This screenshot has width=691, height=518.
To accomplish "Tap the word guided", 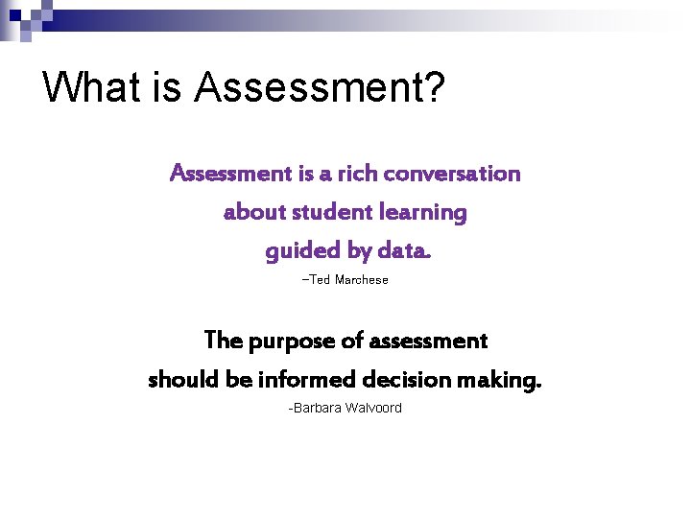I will [298, 251].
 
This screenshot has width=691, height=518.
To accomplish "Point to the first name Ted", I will [319, 279].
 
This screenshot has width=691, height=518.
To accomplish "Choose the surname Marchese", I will [361, 279].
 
